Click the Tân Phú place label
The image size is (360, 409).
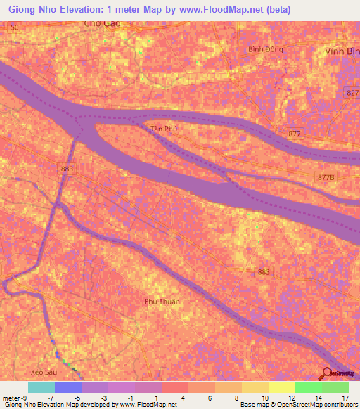point(161,129)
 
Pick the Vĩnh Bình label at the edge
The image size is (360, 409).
point(343,52)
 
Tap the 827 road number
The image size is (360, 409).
point(352,92)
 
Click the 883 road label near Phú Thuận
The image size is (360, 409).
point(264,271)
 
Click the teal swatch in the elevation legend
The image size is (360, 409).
point(41,388)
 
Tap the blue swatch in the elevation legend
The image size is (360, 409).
point(68,388)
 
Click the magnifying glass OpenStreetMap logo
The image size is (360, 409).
point(328,373)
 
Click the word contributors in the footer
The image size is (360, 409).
point(338,405)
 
